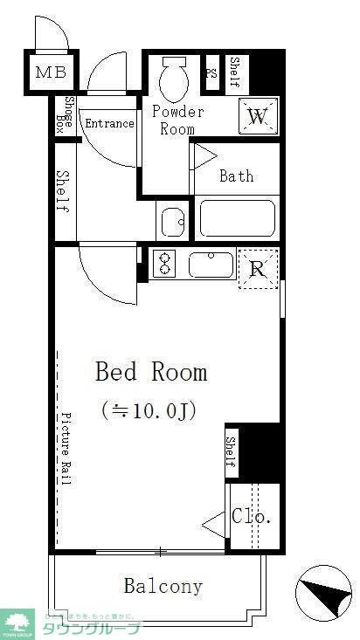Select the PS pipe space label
211,73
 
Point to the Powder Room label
177,120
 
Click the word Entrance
109,123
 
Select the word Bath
236,176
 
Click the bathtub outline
237,218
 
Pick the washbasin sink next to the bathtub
174,222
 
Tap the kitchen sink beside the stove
211,265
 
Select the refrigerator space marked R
258,269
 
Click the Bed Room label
151,373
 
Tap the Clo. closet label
252,517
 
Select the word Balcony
163,586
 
